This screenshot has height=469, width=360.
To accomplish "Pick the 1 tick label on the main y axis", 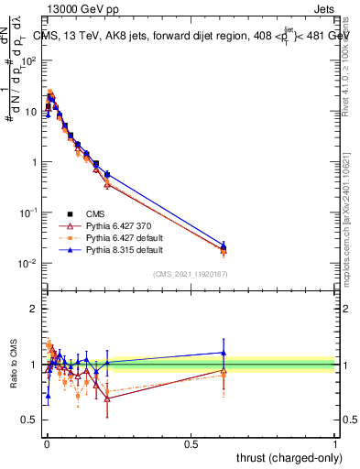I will pyautogui.click(x=33, y=162).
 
